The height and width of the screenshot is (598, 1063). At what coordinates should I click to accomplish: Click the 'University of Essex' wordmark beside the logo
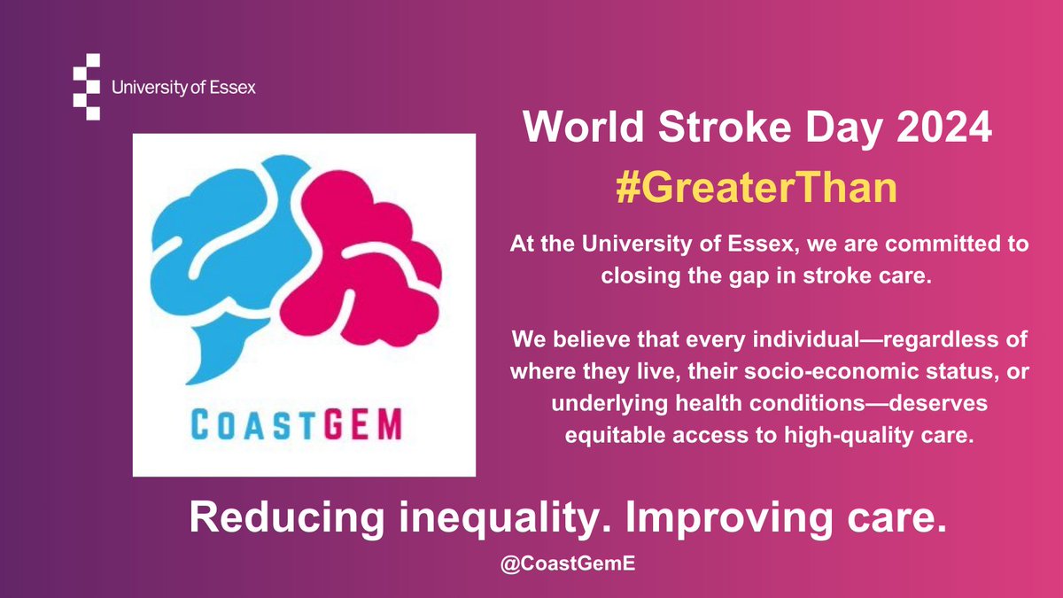pos(184,88)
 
